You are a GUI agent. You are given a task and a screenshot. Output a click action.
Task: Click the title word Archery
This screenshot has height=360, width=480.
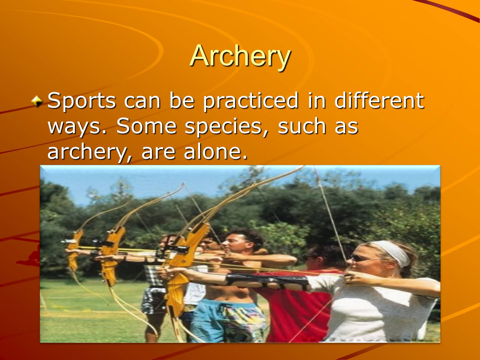[x=240, y=56]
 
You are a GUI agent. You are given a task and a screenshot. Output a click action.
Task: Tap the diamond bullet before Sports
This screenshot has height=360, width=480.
[x=37, y=101]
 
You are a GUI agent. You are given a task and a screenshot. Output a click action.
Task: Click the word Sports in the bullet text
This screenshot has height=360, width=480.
[x=82, y=101]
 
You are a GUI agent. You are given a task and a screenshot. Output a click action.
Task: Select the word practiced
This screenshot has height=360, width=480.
[x=250, y=101]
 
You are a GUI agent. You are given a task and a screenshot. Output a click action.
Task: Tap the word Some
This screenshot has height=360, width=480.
[x=146, y=126]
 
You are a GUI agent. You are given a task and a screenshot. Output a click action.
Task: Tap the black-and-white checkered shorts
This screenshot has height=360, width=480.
[x=154, y=291]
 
